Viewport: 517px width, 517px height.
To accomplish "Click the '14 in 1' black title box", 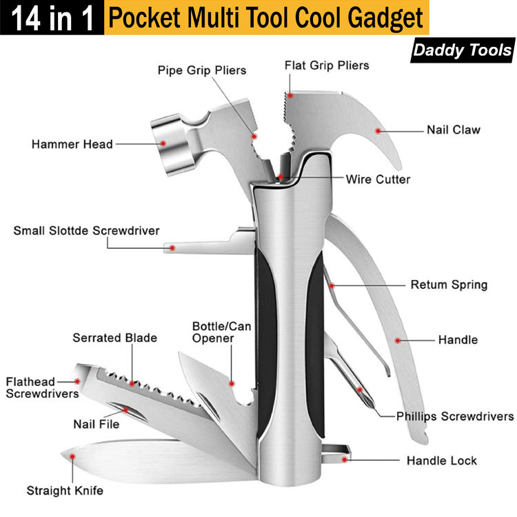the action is point(52,18).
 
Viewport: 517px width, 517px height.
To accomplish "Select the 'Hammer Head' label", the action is point(72,144).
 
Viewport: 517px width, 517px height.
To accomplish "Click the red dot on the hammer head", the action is point(163,143).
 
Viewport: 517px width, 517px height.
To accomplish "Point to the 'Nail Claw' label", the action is point(453,130).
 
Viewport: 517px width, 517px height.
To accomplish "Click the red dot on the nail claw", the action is point(377,130).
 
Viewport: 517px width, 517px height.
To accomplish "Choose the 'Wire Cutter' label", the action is point(378,179).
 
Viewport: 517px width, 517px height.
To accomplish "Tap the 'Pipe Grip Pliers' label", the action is point(201,70).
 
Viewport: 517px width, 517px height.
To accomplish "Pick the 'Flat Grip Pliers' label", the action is point(327,65).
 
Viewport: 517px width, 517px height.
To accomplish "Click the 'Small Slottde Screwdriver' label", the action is point(86,230).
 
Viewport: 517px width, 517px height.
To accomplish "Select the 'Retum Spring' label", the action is point(449,285).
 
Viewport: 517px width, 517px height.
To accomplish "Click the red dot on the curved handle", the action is point(398,339).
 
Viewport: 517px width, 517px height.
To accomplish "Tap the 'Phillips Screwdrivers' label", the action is point(455,416).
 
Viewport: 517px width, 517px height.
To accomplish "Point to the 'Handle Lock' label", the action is point(441,460).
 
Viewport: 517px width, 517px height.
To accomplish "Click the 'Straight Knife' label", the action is point(65,491).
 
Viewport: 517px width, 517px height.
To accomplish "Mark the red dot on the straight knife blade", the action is point(71,455).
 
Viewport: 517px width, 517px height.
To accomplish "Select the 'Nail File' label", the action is point(97,424).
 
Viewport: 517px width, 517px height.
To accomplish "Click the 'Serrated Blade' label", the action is point(114,338).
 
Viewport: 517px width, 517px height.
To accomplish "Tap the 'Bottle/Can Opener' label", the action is point(221,332).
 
